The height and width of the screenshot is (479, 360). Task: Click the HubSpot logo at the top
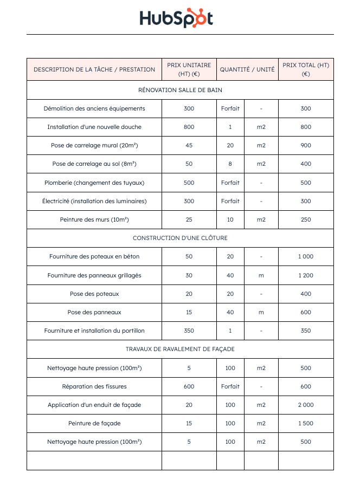click(176, 18)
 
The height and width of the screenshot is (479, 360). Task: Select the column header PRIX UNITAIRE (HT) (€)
click(189, 69)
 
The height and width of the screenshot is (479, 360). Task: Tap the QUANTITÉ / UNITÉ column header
click(247, 69)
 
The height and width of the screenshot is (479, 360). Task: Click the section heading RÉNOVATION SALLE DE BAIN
click(180, 90)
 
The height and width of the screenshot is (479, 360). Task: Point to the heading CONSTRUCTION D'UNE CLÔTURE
click(180, 238)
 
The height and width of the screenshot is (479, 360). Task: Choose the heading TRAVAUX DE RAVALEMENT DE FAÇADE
click(180, 349)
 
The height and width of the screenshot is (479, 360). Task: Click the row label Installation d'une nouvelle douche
click(94, 127)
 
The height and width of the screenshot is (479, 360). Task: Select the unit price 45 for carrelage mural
click(189, 145)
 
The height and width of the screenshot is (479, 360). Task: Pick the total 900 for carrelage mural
click(306, 145)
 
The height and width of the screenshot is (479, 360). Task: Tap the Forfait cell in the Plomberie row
click(230, 183)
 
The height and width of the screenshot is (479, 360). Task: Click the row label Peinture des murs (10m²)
click(94, 219)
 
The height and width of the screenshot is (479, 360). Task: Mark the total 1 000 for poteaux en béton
click(306, 256)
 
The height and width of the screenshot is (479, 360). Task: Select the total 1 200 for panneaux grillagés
click(306, 275)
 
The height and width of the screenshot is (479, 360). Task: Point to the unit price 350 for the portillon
click(189, 331)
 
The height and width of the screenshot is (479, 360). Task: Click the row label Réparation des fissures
click(94, 386)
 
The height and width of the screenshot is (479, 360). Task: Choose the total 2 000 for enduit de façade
click(306, 405)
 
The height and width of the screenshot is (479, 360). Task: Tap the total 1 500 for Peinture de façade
click(306, 423)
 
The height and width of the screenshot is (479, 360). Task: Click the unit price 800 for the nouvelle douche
click(189, 127)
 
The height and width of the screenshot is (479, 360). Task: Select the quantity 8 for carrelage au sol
click(230, 164)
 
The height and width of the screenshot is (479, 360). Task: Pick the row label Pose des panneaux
click(94, 312)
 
